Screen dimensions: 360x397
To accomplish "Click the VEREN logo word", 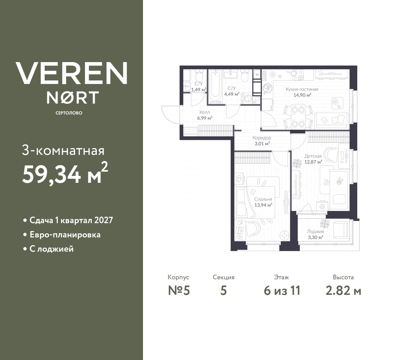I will (71, 73).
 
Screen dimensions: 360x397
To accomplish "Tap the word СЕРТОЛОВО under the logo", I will (69, 113).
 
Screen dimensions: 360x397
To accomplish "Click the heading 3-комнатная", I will (63, 151).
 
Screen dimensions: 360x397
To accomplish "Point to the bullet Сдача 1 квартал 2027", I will (71, 220).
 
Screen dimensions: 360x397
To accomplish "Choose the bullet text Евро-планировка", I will (65, 235).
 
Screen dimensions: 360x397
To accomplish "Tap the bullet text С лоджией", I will (51, 249).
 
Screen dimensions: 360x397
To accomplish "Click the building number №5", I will (179, 291).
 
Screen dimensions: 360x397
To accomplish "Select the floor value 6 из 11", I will (282, 291).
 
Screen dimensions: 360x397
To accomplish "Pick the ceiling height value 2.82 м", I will (343, 291).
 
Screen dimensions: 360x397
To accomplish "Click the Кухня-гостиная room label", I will (302, 89).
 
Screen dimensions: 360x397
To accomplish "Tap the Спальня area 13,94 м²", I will (263, 205).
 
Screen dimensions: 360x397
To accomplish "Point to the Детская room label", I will (313, 156).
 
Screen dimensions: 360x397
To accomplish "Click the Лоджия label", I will (315, 232).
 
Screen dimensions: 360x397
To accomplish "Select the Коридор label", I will (262, 138).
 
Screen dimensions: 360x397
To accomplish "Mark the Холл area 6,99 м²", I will (204, 118).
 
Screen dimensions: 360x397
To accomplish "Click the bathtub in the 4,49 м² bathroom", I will (215, 86).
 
